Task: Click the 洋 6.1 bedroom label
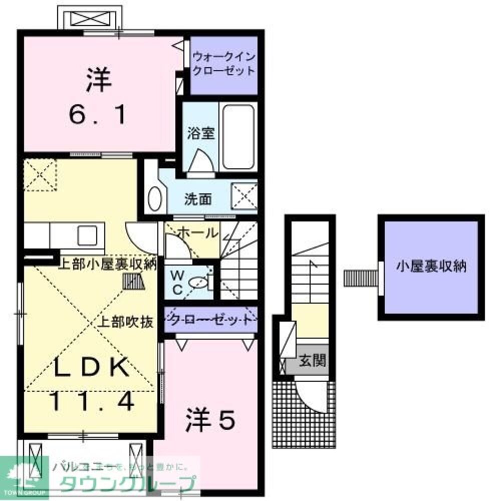pos(99,98)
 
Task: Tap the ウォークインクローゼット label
pos(223,64)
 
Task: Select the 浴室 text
pos(200,134)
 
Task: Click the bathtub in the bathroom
pos(238,136)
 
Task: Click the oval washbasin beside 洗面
pos(155,199)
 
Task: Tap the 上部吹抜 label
pos(124,322)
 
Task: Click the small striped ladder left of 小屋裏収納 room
pos(360,278)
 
